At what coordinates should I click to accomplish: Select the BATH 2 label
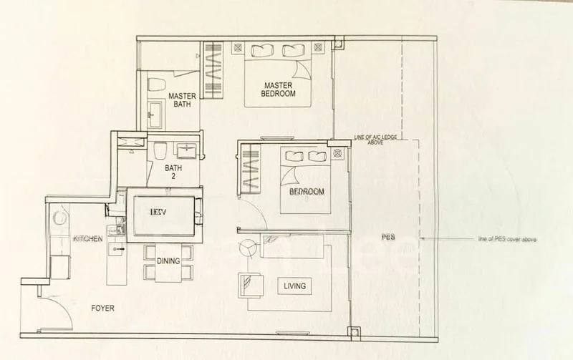[173, 172]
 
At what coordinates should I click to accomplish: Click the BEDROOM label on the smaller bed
[307, 192]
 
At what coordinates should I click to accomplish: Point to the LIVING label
[294, 286]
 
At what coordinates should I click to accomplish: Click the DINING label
[168, 261]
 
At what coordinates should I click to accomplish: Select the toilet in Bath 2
[160, 150]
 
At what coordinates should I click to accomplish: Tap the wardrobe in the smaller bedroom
[250, 167]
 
